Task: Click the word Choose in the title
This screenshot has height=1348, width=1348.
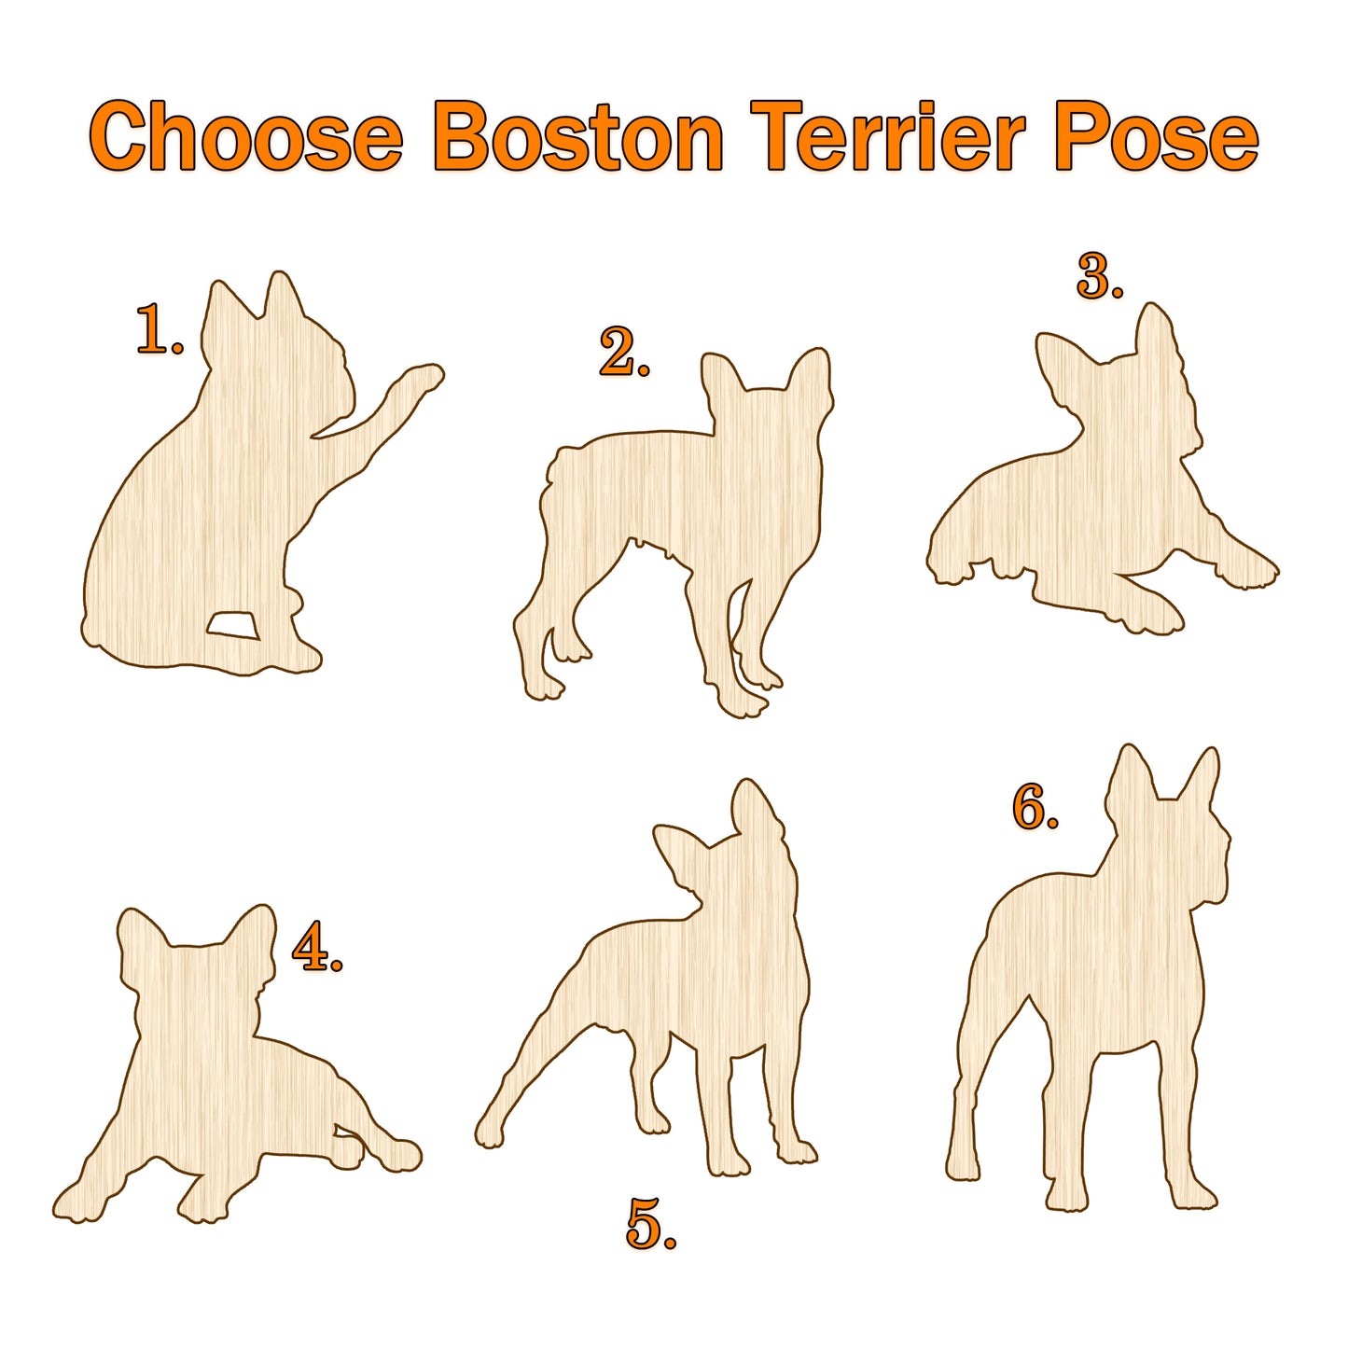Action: pyautogui.click(x=246, y=136)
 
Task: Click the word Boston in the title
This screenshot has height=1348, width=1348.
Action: pyautogui.click(x=577, y=137)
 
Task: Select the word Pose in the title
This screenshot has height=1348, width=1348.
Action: pyautogui.click(x=1157, y=137)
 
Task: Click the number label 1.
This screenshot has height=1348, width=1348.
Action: pyautogui.click(x=160, y=328)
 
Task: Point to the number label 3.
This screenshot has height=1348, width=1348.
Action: pyautogui.click(x=1100, y=275)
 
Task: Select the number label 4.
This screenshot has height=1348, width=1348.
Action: pyautogui.click(x=317, y=946)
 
